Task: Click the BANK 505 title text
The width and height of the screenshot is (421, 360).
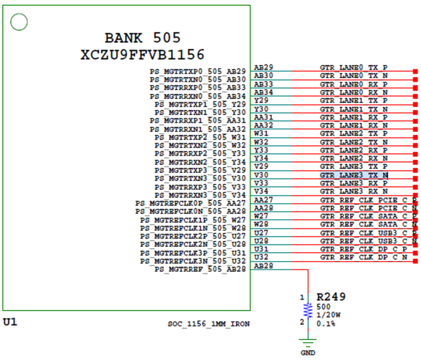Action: pos(143,38)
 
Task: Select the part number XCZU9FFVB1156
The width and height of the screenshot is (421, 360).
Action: pos(143,55)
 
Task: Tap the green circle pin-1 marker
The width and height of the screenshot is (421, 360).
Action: pos(19,23)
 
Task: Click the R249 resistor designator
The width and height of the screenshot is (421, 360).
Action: pos(331,297)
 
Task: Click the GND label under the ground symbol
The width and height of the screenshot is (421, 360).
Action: pos(309,353)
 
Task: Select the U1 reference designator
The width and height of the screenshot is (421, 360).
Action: pos(10,321)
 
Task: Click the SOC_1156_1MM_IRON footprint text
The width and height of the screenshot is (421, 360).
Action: pos(208,323)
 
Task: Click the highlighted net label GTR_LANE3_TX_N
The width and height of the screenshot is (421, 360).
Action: pos(354,175)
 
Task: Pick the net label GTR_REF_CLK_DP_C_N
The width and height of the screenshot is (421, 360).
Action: pos(364,258)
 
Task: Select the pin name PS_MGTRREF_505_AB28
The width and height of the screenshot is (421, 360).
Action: pos(201,269)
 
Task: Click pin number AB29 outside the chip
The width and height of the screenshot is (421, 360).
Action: pos(264,67)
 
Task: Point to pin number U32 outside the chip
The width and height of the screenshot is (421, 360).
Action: pos(261,257)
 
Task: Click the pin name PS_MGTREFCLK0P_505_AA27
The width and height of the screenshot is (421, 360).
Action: pos(191,203)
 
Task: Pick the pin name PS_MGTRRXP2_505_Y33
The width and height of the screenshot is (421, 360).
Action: pos(201,154)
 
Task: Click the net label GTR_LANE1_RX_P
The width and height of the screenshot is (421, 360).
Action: pos(354,118)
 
